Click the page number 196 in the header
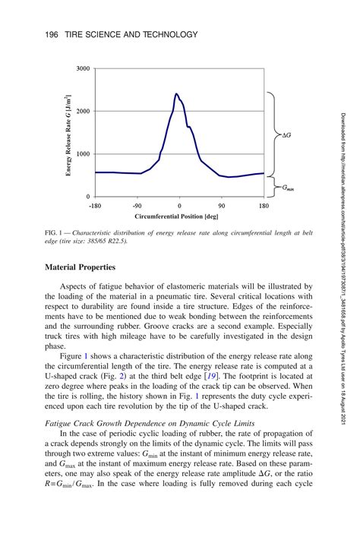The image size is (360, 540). (x=52, y=35)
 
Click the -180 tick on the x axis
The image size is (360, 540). (x=95, y=205)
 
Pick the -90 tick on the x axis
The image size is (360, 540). (x=137, y=205)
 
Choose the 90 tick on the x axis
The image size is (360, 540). (x=222, y=205)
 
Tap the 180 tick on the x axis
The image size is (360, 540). (x=264, y=205)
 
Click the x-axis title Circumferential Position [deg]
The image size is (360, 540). (x=180, y=216)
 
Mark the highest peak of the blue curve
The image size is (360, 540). (x=176, y=94)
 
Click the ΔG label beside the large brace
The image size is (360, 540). (x=287, y=135)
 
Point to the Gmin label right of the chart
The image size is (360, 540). (x=288, y=186)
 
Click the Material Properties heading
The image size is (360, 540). (x=81, y=267)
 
